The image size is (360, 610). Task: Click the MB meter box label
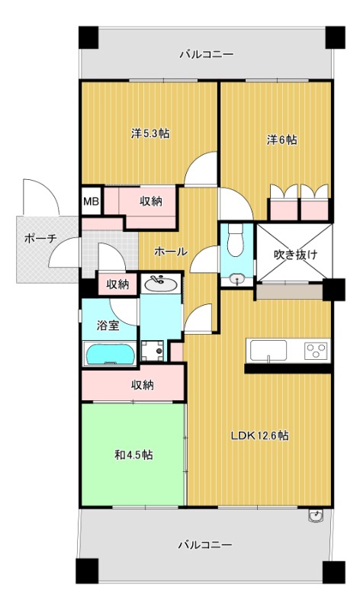click(x=92, y=201)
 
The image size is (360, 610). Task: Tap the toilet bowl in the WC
click(x=235, y=240)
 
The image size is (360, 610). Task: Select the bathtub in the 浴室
click(x=110, y=354)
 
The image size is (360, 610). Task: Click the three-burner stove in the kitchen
click(x=317, y=351)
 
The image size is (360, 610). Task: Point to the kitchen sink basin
click(x=268, y=351)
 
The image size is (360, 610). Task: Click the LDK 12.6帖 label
click(x=259, y=435)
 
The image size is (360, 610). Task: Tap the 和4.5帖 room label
click(x=133, y=454)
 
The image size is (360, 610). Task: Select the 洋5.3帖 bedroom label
click(x=150, y=134)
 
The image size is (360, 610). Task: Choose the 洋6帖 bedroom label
click(x=281, y=140)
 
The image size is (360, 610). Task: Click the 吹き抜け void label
click(x=295, y=255)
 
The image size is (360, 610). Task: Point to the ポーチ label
click(x=40, y=238)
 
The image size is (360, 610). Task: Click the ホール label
click(x=171, y=252)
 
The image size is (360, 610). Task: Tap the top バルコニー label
click(x=206, y=54)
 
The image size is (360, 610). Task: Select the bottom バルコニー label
click(x=205, y=544)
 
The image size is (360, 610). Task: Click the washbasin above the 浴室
click(x=160, y=284)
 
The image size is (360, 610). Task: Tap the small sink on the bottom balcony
click(x=316, y=515)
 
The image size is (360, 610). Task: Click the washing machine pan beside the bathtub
click(x=153, y=351)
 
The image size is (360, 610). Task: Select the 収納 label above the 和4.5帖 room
click(x=142, y=385)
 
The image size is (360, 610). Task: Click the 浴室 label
click(x=108, y=326)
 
